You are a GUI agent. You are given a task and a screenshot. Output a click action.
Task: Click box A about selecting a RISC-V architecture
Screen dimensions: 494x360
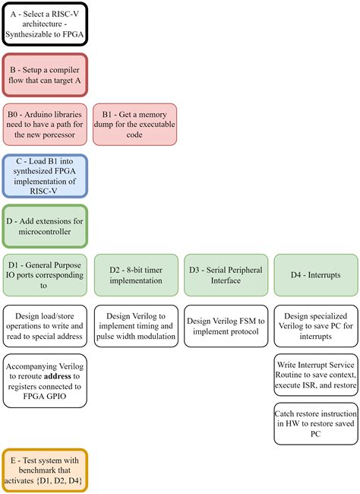[46, 24]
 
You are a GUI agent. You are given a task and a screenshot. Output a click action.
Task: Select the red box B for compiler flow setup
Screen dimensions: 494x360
[46, 74]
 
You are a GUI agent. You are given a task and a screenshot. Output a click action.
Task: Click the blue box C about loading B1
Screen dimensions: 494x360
[46, 176]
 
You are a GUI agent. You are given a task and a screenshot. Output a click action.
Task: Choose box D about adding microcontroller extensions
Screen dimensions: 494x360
[46, 226]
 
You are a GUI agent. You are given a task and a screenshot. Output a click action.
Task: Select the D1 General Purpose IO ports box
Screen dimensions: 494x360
[46, 275]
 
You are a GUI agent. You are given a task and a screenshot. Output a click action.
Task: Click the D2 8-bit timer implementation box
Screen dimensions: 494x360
[134, 275]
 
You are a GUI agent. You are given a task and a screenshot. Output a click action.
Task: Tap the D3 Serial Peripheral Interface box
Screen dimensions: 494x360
[224, 275]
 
